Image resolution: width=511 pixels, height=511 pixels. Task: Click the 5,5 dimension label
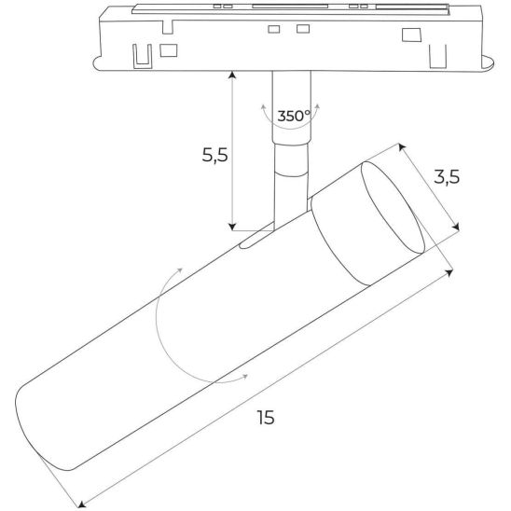point(214,155)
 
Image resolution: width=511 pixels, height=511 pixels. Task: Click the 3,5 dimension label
point(447,177)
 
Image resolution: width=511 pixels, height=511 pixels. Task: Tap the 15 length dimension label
point(266,418)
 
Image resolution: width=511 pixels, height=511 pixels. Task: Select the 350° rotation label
point(294,116)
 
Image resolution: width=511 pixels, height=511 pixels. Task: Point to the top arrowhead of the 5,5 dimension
point(232,75)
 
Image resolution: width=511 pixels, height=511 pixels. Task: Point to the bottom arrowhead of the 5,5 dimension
point(232,227)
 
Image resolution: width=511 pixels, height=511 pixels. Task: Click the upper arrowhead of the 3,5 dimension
point(402,147)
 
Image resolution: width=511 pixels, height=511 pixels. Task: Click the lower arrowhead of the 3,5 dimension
point(456,227)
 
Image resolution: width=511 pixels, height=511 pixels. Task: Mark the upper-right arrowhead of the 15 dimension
point(449,272)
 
